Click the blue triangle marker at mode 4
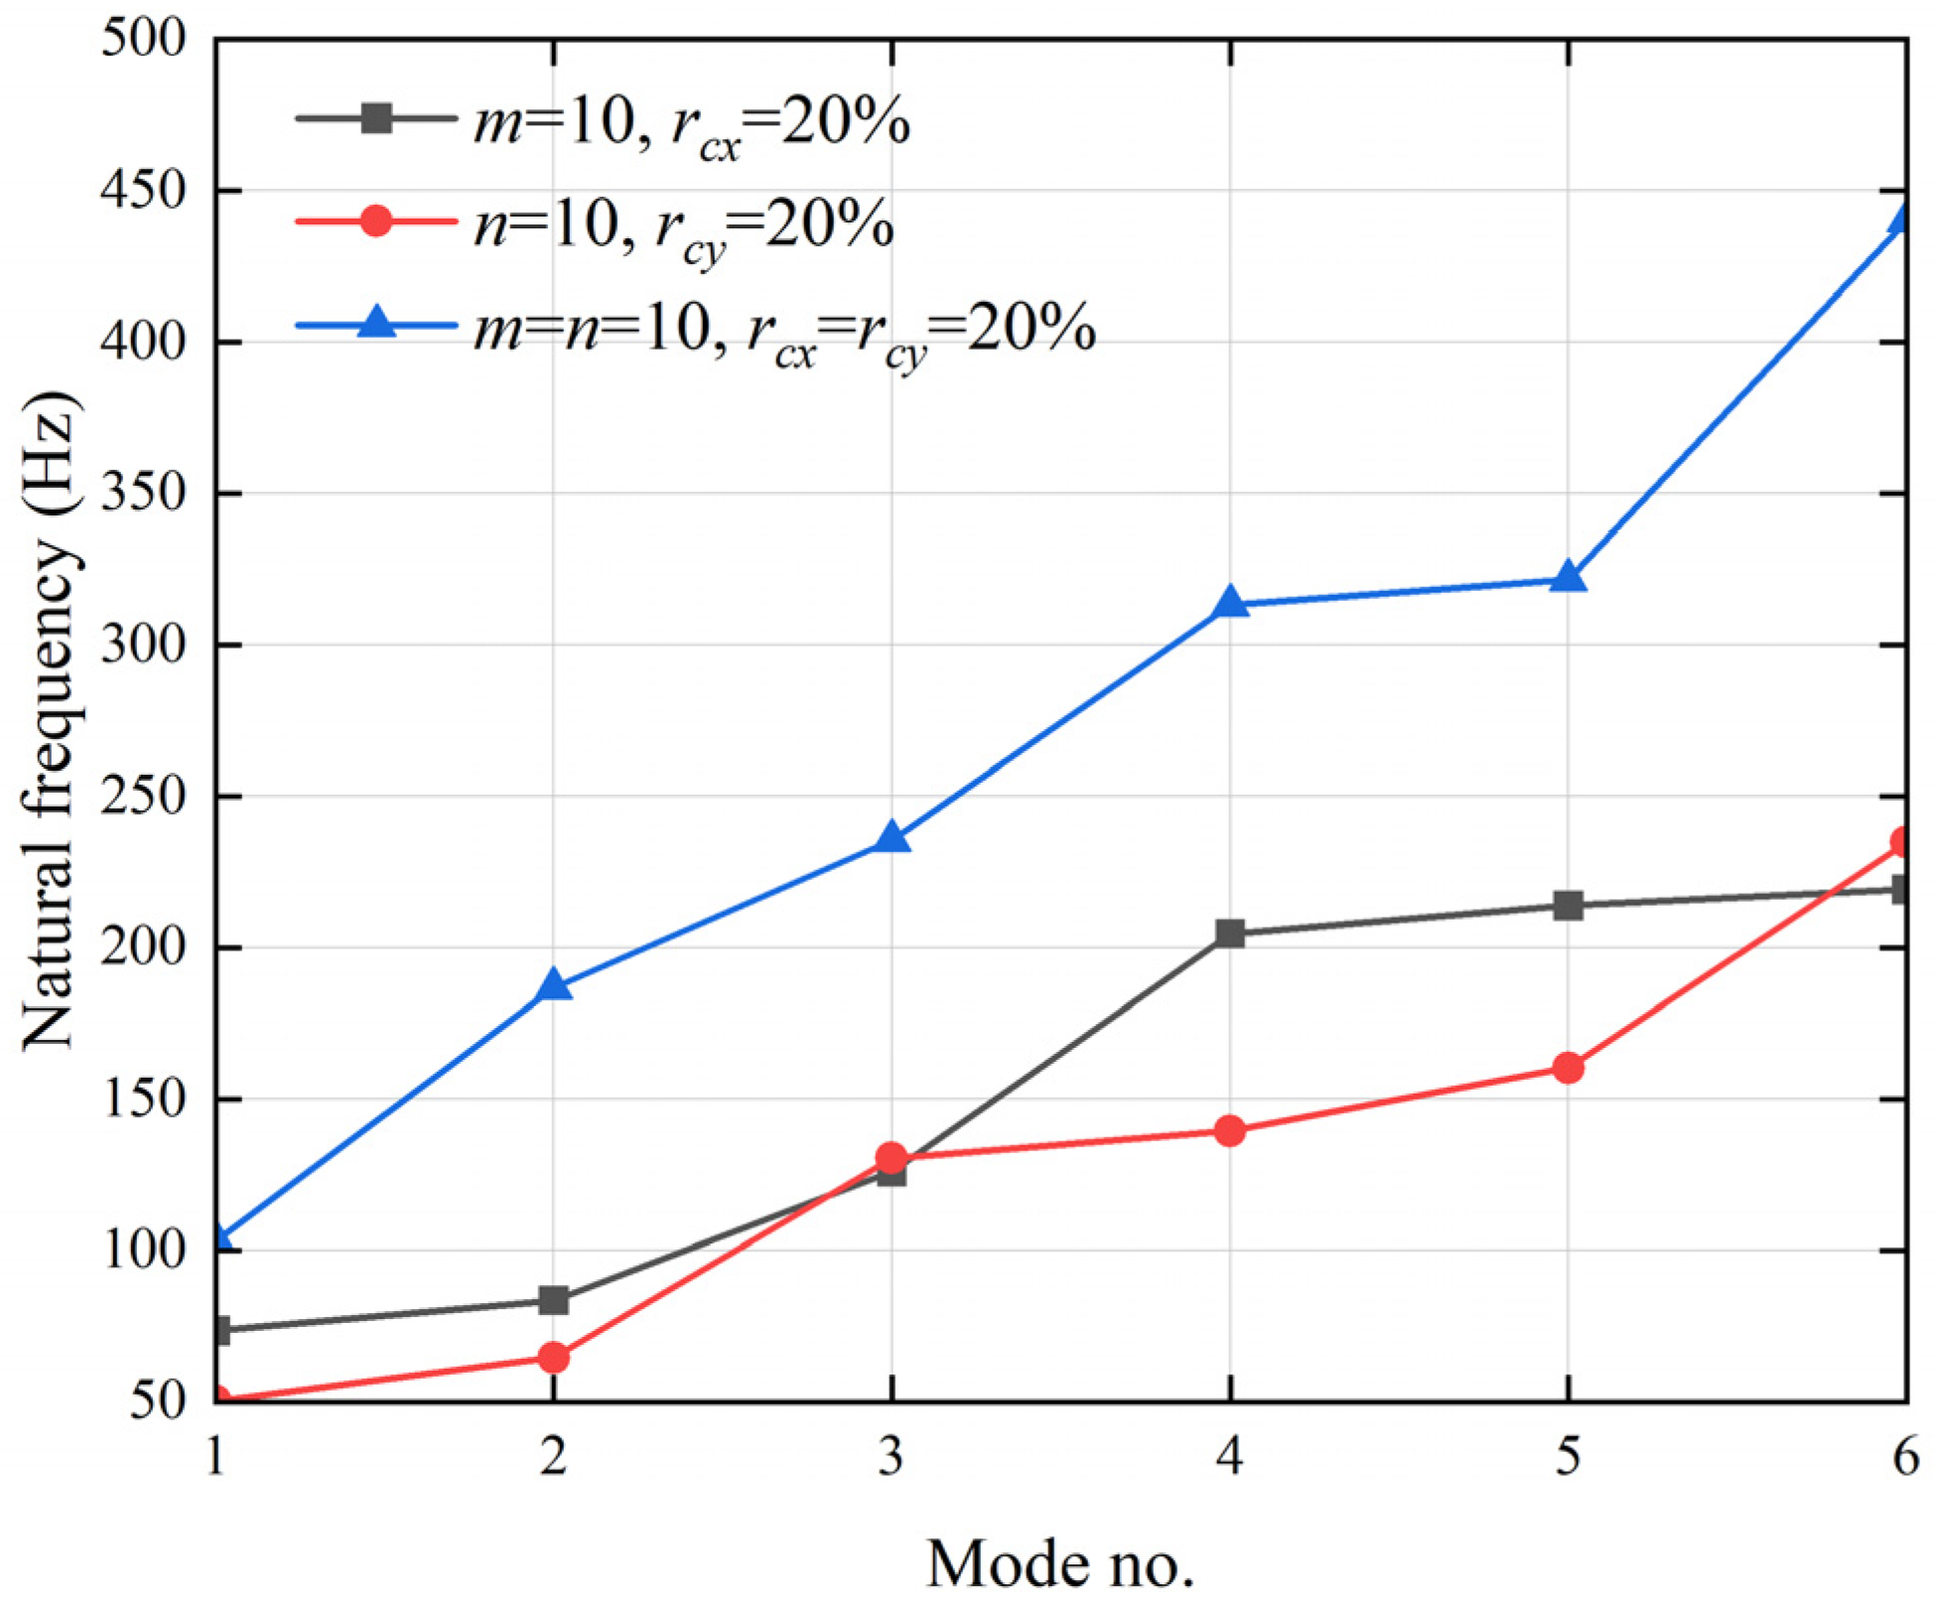pos(1229,602)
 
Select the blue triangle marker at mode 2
pos(554,985)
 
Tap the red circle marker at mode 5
pos(1568,1068)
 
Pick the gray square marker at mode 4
pos(1229,933)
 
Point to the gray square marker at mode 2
pos(554,1299)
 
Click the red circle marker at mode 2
pos(554,1357)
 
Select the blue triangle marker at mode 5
pos(1568,577)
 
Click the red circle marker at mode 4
pos(1229,1130)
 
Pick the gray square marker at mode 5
pos(1568,905)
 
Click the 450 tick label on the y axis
pos(144,191)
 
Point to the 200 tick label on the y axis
pos(144,948)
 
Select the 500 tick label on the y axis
pos(144,40)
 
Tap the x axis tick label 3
pos(892,1457)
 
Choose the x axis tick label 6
pos(1904,1457)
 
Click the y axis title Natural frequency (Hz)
pos(50,720)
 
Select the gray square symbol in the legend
pos(376,118)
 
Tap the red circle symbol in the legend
pos(376,219)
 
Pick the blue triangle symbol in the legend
pos(376,323)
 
